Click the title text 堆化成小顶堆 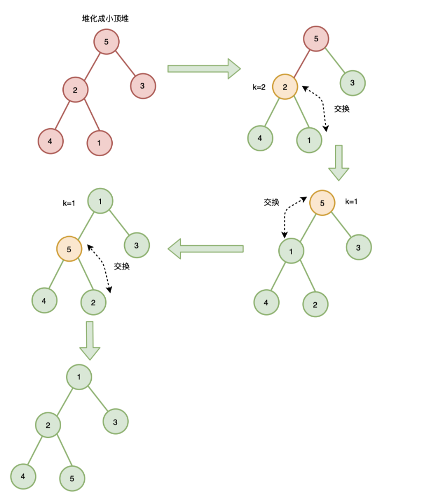pos(105,19)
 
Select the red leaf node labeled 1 pos(100,143)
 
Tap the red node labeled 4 pos(50,141)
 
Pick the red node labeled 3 pos(142,85)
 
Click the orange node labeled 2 pos(285,86)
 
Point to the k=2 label pos(259,87)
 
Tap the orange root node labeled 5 pos(322,203)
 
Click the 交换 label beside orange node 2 pos(342,108)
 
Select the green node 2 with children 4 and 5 pos(48,426)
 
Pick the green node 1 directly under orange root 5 pos(291,251)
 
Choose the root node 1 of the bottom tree pos(79,377)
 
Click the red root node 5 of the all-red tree pos(106,41)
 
